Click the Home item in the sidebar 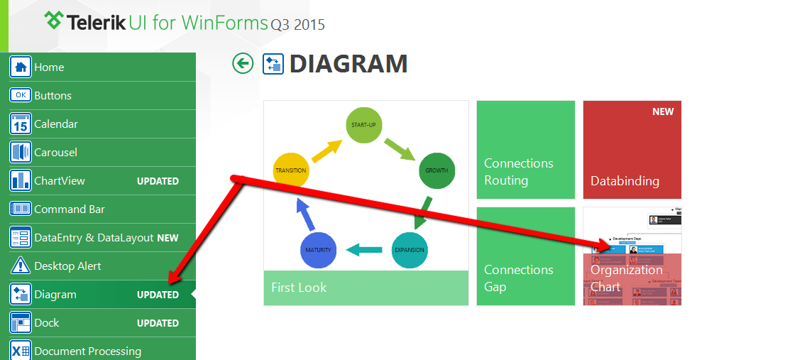[x=49, y=67]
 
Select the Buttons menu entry [x=53, y=96]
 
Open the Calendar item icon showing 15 [x=21, y=124]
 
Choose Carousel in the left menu [x=55, y=153]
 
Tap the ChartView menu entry [x=60, y=181]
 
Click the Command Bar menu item [x=69, y=209]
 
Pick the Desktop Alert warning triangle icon [x=21, y=266]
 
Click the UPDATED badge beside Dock [x=158, y=323]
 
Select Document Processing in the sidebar [x=87, y=351]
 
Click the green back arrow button [x=243, y=64]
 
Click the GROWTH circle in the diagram [x=436, y=171]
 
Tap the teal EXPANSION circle [x=410, y=250]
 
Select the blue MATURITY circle [x=318, y=250]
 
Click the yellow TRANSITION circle [x=291, y=170]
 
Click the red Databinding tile [x=632, y=150]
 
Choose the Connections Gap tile [x=525, y=256]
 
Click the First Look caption [x=299, y=288]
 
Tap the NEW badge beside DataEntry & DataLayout [x=167, y=238]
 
